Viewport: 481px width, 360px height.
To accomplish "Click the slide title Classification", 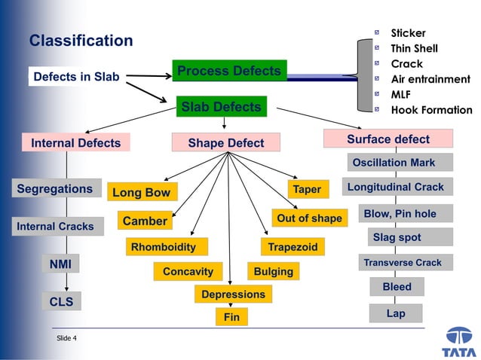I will click(x=81, y=41).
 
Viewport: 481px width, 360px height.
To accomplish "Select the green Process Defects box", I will click(x=229, y=71).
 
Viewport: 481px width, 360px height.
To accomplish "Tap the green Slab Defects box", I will click(x=221, y=107).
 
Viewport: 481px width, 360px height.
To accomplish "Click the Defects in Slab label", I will click(x=76, y=77).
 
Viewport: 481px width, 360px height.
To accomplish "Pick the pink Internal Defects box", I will click(x=75, y=142).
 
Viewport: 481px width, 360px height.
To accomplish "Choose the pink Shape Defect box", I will click(x=225, y=142).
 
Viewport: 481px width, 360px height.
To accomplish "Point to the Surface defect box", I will click(x=388, y=139).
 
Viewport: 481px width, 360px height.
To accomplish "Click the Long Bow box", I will click(x=142, y=192).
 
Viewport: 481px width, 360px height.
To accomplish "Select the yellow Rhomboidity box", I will click(x=164, y=247).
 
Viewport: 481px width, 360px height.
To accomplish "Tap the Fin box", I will click(x=231, y=317).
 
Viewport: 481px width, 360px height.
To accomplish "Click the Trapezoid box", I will click(x=293, y=246).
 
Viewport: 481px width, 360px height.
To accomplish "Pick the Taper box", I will click(x=307, y=189).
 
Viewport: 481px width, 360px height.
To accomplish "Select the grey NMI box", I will click(x=60, y=264).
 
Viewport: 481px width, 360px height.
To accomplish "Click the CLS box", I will click(x=60, y=301).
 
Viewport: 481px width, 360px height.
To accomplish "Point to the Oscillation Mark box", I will click(x=400, y=162).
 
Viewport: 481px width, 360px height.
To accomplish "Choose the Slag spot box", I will click(x=397, y=237).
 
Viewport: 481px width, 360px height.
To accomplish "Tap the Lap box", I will click(x=396, y=313).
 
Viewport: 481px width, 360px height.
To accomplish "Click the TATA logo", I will click(x=459, y=341).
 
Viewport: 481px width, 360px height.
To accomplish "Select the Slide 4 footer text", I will click(x=66, y=338).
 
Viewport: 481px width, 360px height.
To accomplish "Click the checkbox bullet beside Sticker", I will click(x=377, y=33).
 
